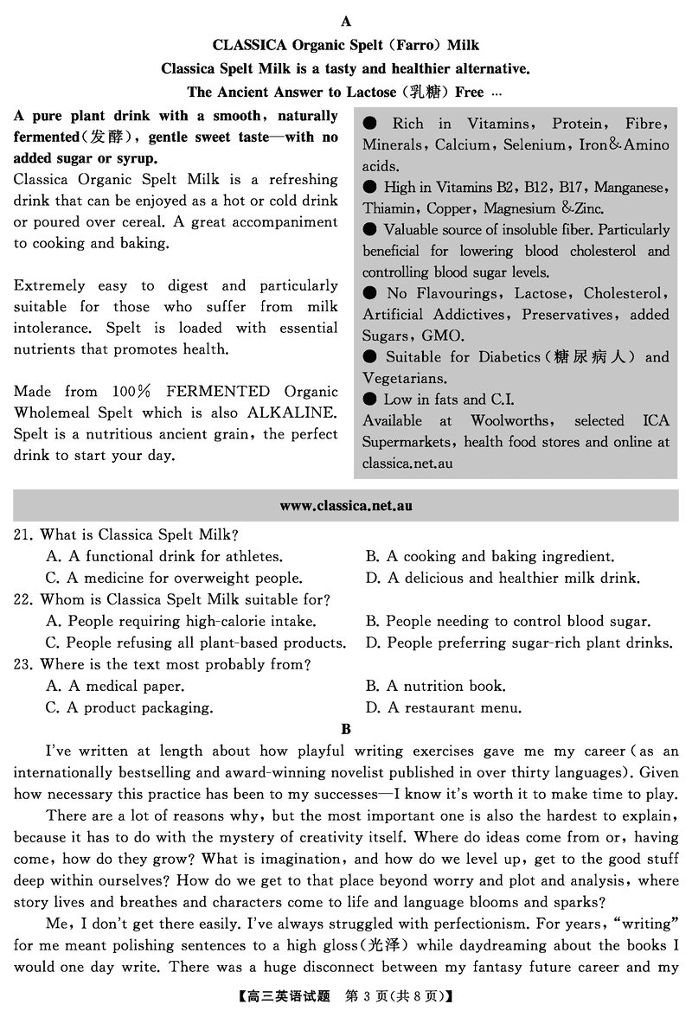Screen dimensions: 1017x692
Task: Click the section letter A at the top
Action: (346, 21)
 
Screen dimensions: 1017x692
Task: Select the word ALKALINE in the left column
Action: (292, 413)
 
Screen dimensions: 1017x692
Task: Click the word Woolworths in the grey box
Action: (509, 421)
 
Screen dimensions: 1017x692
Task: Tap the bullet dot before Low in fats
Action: (369, 400)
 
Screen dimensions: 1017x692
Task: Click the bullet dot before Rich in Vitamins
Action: (369, 124)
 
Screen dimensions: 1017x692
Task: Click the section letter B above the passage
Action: (346, 729)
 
